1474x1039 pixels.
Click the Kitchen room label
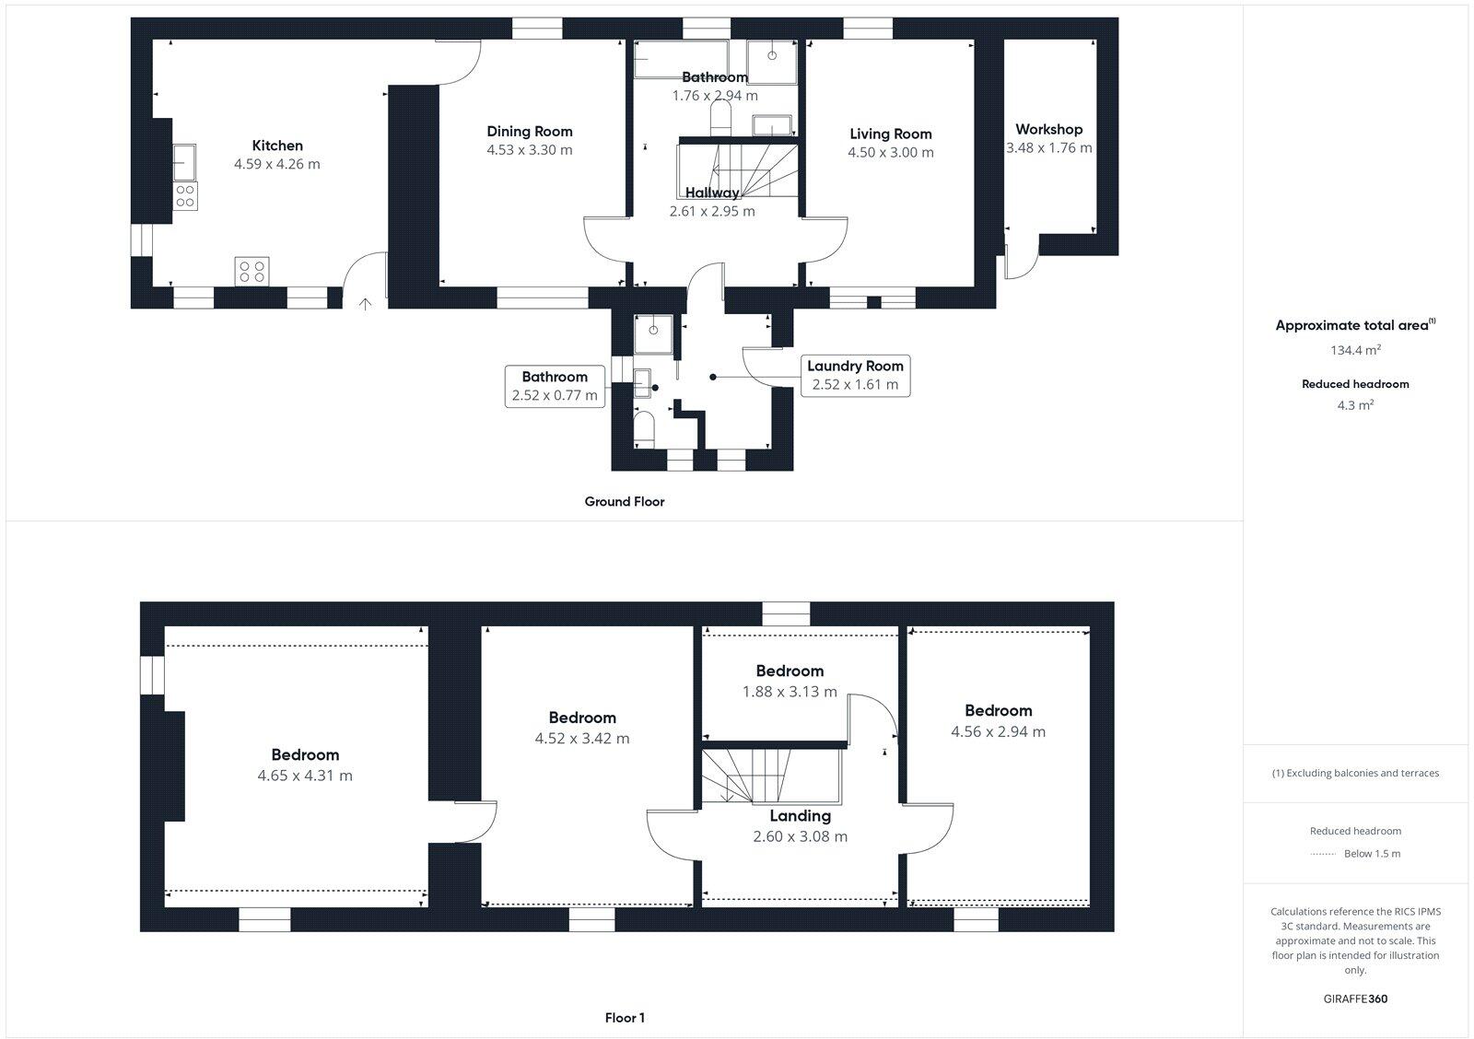pos(277,146)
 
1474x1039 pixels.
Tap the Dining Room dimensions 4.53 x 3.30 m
pos(530,150)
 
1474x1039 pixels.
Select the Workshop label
pos(1048,130)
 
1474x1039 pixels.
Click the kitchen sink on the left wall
pos(184,163)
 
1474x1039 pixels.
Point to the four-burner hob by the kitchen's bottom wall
pos(252,270)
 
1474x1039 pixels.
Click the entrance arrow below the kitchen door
pos(365,303)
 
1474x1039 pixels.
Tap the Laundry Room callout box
pos(855,375)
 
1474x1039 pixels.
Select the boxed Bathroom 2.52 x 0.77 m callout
pos(555,386)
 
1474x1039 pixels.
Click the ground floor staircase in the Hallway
pos(737,168)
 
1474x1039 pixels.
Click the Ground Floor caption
pos(624,502)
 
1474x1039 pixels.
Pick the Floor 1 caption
pos(625,1018)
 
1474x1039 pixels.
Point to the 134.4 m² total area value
pos(1355,350)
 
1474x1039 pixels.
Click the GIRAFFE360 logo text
pos(1355,998)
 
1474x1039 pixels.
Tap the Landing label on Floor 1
pos(800,816)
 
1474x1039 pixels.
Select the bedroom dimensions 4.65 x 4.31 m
pos(305,776)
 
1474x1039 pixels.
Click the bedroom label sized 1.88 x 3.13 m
pos(790,671)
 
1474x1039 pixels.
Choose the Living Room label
pos(890,134)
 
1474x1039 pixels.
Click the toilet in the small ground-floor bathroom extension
pos(645,429)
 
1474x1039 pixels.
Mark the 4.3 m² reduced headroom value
pos(1355,404)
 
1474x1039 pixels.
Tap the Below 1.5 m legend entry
pos(1371,854)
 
